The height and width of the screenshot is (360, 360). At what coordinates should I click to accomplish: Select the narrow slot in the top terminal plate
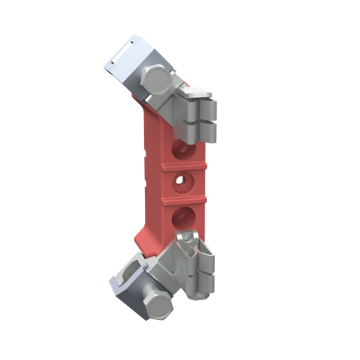pos(123,50)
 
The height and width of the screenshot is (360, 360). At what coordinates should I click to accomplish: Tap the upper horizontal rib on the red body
pos(183,166)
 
